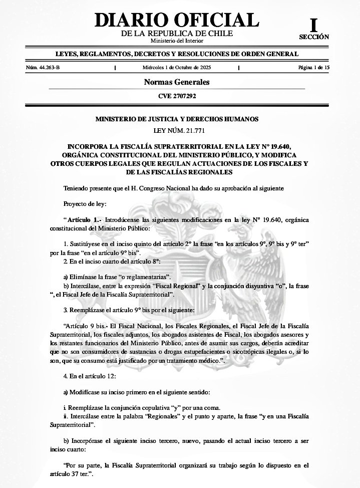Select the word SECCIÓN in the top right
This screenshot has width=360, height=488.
point(314,37)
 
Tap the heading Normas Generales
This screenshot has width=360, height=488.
point(177,82)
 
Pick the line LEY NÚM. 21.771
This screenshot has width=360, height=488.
point(177,131)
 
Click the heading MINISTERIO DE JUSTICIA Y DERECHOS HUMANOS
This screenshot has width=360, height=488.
point(177,119)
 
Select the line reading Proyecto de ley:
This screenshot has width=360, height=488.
point(81,204)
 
